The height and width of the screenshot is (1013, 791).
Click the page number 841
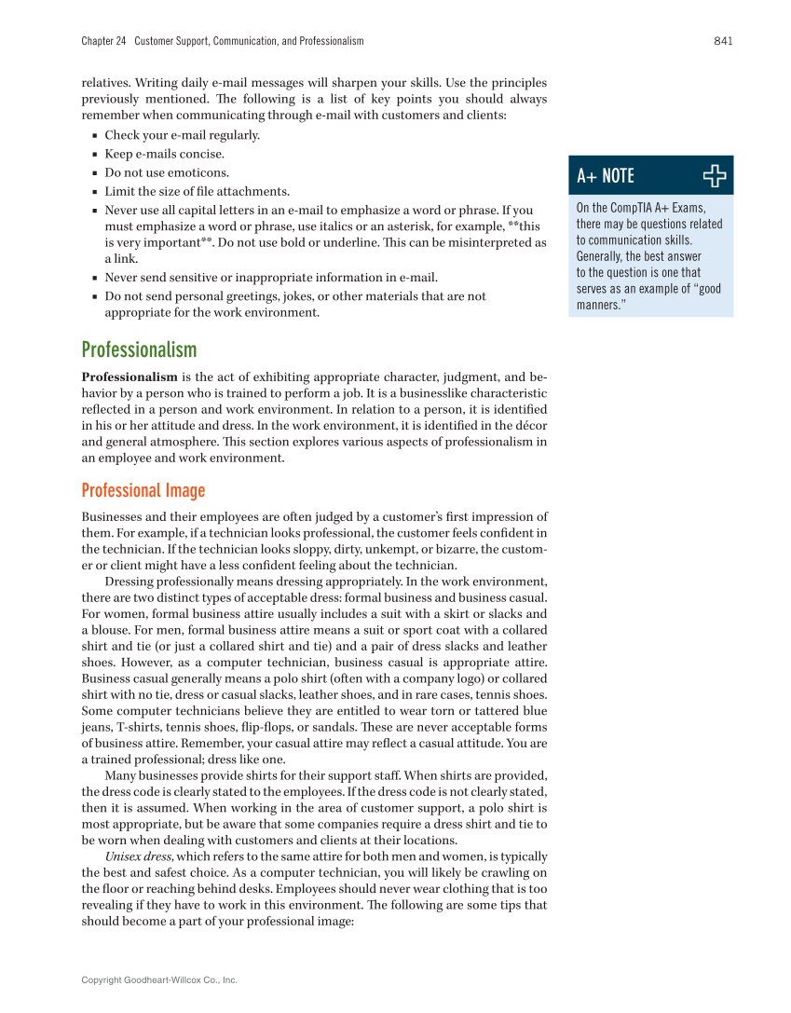point(722,41)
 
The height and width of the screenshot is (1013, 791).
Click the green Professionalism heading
point(139,349)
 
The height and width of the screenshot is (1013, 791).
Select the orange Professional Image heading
point(143,490)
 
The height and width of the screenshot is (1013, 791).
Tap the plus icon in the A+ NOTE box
point(715,175)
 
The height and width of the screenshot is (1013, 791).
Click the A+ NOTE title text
point(606,176)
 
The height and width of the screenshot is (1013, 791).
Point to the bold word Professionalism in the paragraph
point(130,377)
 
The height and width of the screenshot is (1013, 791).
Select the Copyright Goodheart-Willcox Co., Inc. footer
point(159,979)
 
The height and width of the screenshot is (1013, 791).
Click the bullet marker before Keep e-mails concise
point(96,155)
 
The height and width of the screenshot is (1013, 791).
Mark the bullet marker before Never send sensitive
point(96,278)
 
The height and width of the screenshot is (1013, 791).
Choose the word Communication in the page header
point(263,41)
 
